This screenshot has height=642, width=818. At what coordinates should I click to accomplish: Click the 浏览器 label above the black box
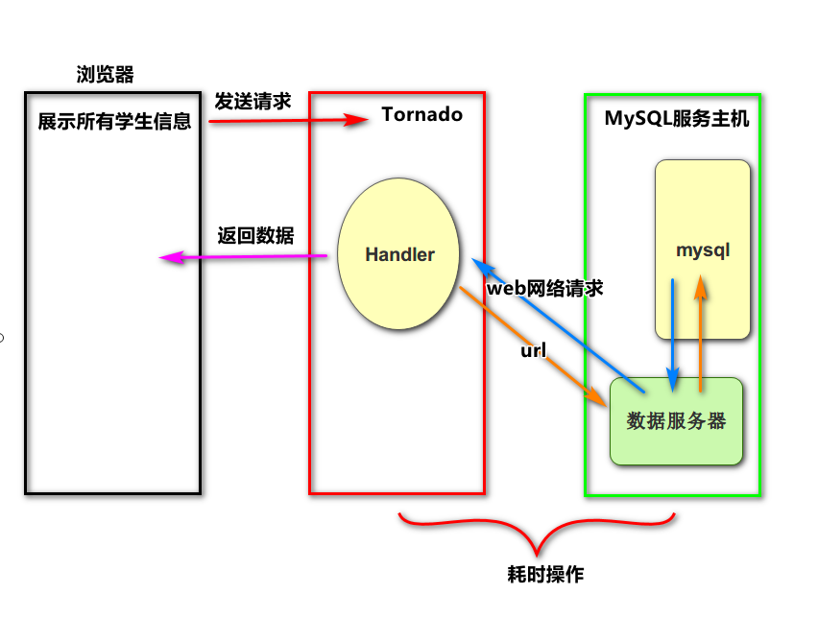[106, 74]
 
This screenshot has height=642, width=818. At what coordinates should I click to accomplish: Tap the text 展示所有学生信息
[114, 122]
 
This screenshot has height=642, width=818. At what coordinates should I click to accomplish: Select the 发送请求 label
[253, 102]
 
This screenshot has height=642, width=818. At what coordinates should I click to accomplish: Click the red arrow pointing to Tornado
[288, 121]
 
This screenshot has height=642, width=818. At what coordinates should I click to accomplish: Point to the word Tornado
[421, 115]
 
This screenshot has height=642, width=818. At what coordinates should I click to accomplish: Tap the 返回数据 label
[255, 236]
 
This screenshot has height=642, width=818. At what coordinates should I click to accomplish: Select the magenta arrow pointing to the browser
[244, 256]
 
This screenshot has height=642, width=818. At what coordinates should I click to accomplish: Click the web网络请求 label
[544, 287]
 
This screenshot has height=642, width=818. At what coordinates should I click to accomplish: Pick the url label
[533, 351]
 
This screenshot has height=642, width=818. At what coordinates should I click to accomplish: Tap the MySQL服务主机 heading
[677, 119]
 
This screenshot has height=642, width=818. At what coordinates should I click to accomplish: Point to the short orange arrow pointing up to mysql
[702, 336]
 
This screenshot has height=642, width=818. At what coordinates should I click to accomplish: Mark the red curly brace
[538, 533]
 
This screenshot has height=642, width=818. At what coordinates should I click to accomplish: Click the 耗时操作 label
[545, 574]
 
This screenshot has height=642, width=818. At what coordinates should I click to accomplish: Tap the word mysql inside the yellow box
[703, 250]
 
